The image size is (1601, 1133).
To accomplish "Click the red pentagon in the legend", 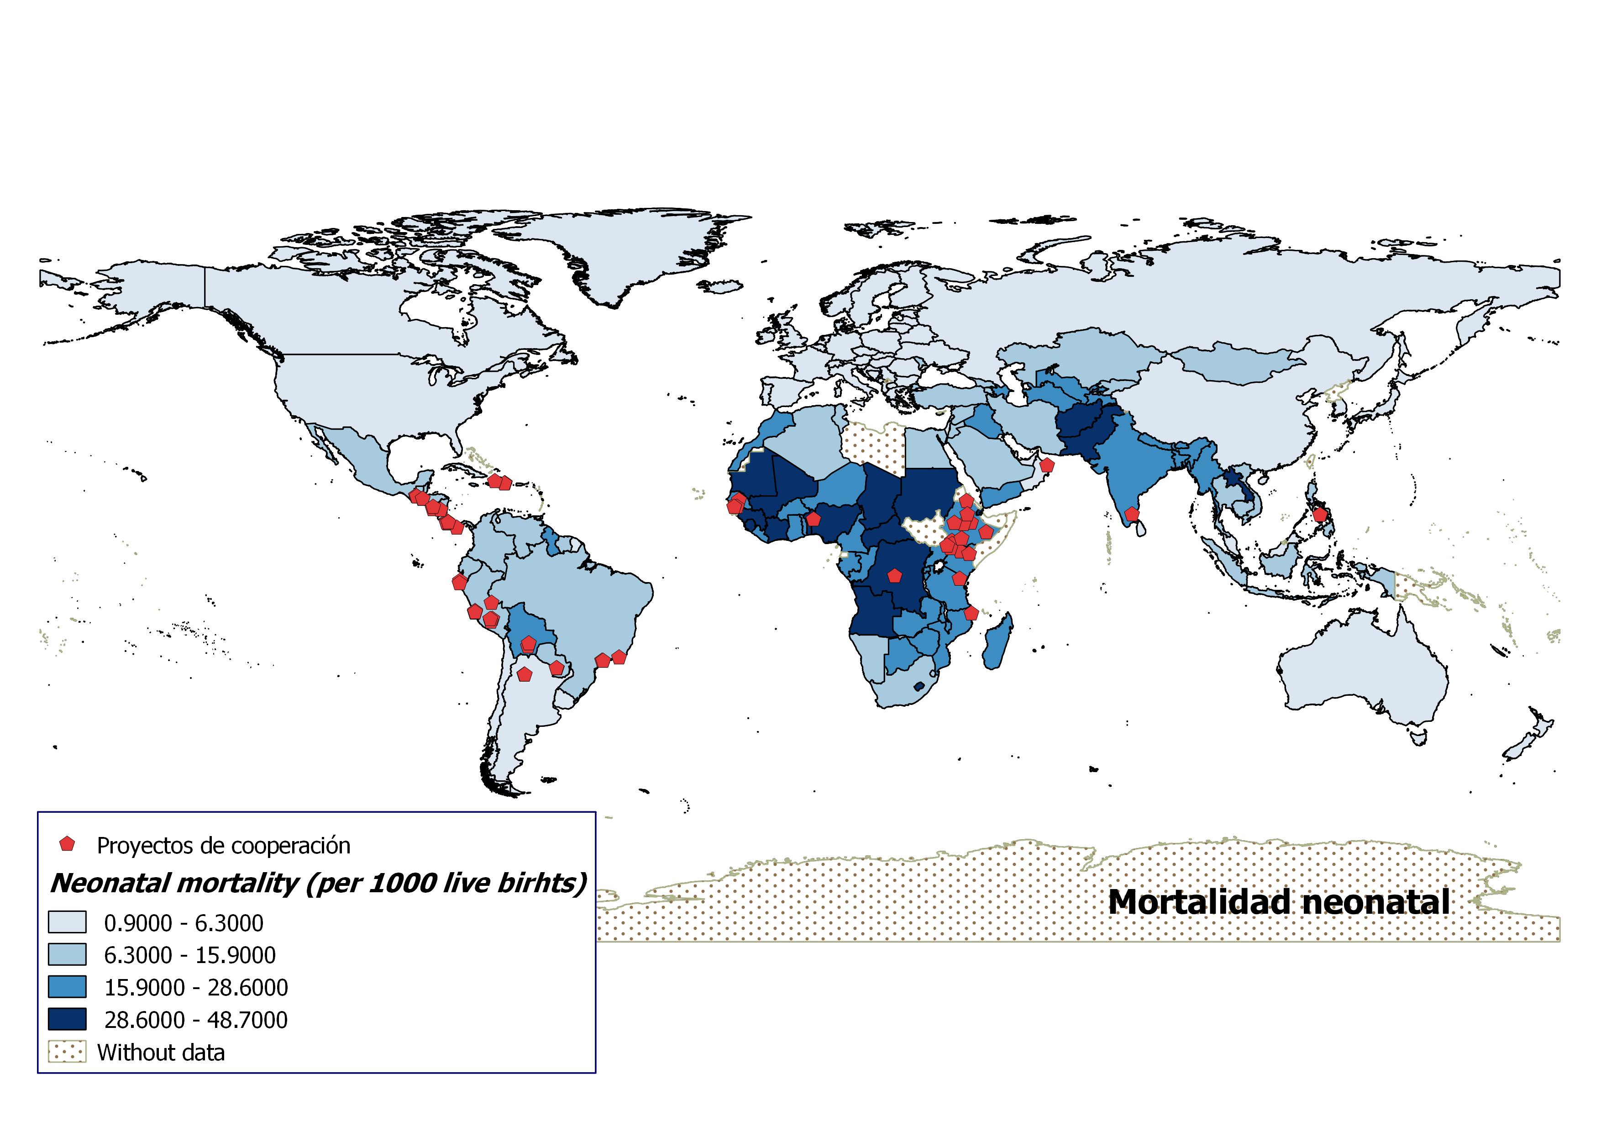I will pyautogui.click(x=67, y=844).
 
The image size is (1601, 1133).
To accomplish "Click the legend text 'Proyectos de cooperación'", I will pyautogui.click(x=223, y=846).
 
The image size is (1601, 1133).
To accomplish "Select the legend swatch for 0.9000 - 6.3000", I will pyautogui.click(x=67, y=922).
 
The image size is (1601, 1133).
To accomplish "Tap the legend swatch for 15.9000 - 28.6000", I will pyautogui.click(x=67, y=987).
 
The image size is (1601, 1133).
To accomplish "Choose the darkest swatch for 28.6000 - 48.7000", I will pyautogui.click(x=67, y=1019).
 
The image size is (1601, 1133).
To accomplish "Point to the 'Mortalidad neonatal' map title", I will pyautogui.click(x=1279, y=902).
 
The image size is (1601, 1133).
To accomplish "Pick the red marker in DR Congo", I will pyautogui.click(x=895, y=576).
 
